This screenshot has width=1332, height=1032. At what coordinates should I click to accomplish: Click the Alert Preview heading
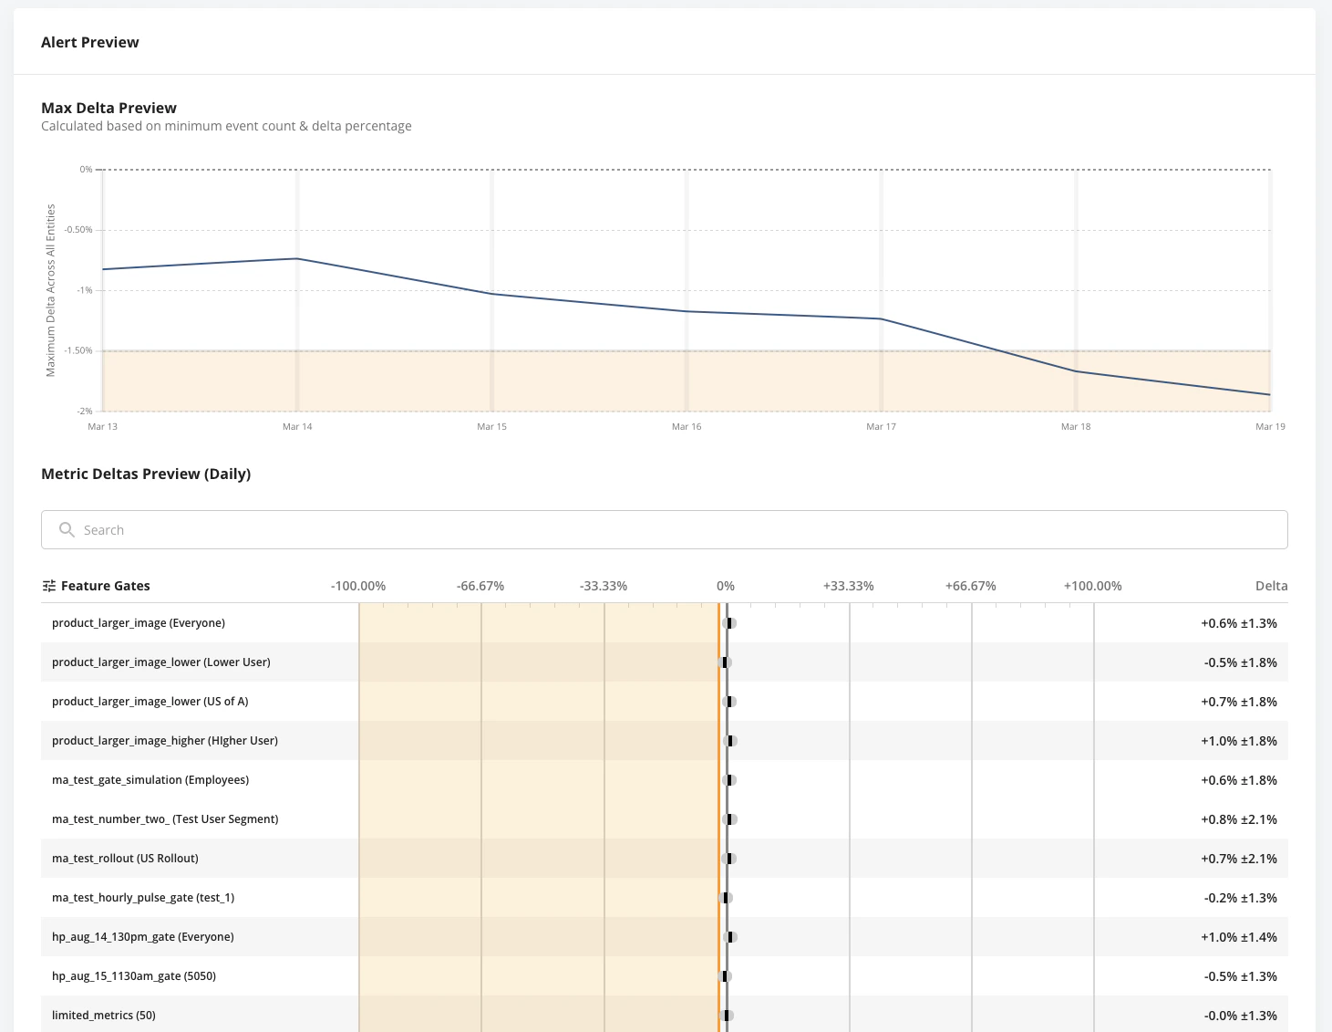(x=89, y=42)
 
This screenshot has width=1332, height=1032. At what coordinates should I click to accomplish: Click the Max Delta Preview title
(x=108, y=108)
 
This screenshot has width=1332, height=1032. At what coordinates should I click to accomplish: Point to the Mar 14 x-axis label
(x=297, y=426)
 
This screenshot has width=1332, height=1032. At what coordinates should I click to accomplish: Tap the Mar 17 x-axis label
(x=881, y=426)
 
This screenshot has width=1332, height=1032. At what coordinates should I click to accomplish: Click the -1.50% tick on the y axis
(x=79, y=350)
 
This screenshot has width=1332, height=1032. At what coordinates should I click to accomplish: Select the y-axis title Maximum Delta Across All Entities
(x=51, y=290)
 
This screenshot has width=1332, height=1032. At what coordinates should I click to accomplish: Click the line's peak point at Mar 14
(x=297, y=258)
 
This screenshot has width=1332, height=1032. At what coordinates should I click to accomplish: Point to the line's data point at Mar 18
(x=1076, y=371)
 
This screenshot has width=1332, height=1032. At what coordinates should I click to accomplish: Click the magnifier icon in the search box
(x=67, y=529)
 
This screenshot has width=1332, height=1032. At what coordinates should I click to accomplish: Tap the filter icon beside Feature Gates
(x=49, y=586)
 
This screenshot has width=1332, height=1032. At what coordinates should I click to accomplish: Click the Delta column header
(x=1271, y=586)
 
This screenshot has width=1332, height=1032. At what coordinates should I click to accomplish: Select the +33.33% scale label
(x=848, y=586)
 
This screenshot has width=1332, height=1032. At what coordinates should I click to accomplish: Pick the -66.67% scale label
(x=480, y=586)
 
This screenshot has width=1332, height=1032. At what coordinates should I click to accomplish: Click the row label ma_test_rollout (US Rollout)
(x=125, y=858)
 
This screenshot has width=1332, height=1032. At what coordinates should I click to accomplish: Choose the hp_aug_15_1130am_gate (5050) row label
(x=134, y=975)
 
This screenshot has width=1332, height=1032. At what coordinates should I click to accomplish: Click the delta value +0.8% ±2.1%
(x=1238, y=819)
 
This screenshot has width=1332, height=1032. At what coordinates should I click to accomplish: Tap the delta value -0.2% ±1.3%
(x=1240, y=898)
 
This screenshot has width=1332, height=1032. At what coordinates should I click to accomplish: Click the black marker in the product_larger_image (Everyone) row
(x=729, y=623)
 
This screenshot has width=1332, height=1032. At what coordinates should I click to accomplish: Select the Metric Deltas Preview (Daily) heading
(x=146, y=474)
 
